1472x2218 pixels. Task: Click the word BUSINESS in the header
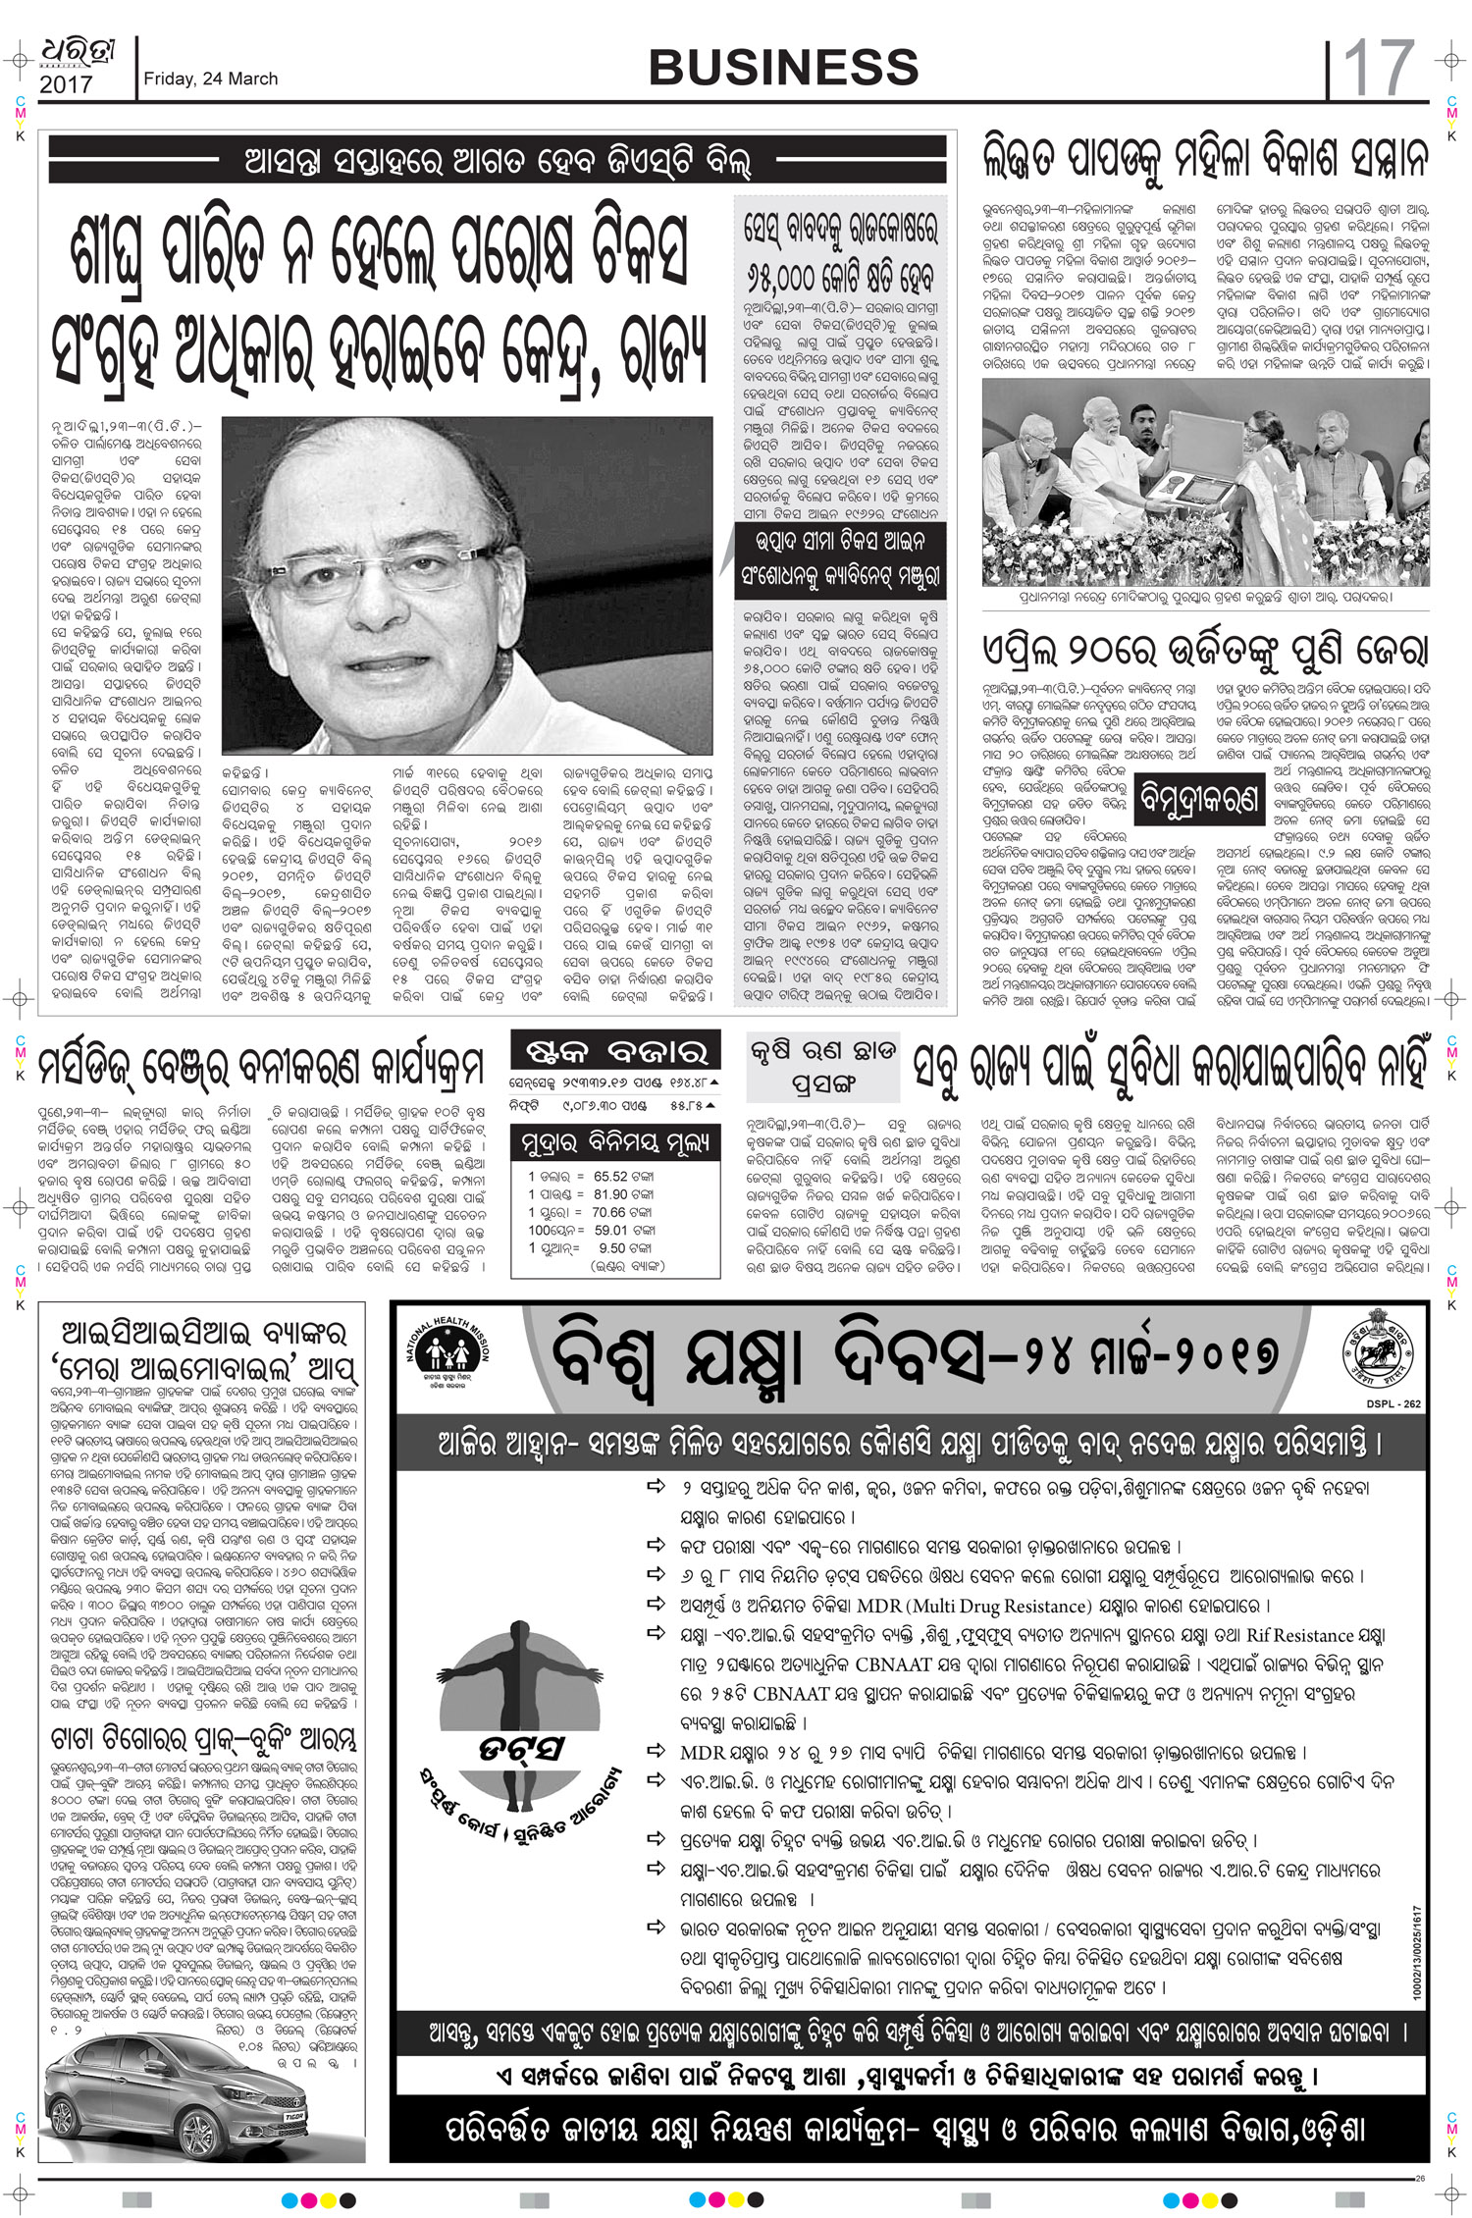(783, 67)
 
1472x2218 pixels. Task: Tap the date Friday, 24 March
(210, 79)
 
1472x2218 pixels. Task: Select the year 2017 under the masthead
(66, 85)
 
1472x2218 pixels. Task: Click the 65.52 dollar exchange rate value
(610, 1176)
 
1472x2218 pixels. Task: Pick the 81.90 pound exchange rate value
(610, 1194)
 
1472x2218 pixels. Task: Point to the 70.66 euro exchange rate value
(608, 1212)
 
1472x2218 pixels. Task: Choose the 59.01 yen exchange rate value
(610, 1230)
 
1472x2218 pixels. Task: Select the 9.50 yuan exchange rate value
(613, 1248)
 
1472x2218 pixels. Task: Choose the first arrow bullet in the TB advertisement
(656, 1487)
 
